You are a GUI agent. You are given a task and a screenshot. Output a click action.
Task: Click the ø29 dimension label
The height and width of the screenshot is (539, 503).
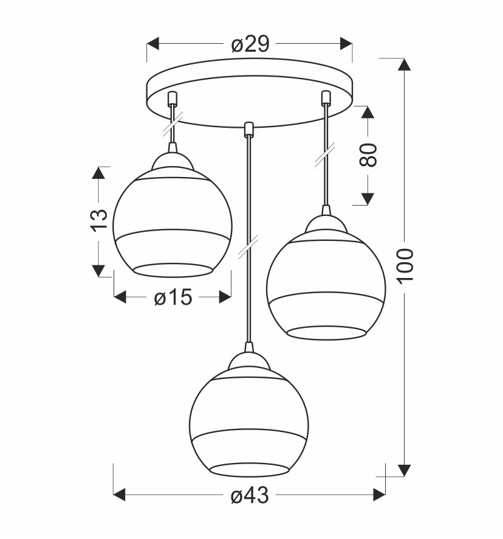250,44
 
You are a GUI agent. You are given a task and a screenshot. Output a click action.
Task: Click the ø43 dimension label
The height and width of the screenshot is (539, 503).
249,496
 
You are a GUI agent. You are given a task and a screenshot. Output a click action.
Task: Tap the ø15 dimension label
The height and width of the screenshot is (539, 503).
173,297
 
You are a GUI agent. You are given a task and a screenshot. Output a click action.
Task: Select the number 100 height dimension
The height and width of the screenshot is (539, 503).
405,265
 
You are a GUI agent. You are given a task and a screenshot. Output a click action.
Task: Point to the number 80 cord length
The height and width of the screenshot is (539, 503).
368,155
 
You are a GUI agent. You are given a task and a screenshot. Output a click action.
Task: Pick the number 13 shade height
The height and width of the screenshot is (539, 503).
98,220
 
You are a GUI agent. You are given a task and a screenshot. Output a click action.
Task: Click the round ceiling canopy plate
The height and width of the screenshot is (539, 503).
249,91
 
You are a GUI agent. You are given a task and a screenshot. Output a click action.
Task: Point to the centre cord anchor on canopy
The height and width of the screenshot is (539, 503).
247,128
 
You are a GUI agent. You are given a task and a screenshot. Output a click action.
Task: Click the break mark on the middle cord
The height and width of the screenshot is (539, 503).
248,247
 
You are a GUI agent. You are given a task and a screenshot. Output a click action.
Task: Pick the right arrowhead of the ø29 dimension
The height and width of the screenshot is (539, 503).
346,44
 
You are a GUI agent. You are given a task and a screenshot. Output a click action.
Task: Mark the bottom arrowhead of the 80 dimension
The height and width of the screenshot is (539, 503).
368,198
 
